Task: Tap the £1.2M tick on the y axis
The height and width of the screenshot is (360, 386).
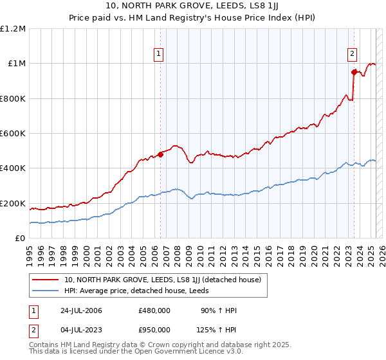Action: point(13,29)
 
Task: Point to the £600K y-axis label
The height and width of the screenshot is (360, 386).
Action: point(13,134)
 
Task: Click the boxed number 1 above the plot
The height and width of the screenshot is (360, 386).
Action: point(158,55)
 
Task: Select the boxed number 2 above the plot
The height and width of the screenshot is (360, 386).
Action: point(353,55)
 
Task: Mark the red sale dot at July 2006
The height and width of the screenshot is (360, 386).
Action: point(160,154)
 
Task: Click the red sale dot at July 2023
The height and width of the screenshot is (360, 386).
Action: point(354,72)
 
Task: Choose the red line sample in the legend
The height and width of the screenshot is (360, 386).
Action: point(46,280)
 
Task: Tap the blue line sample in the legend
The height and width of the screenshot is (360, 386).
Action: point(46,291)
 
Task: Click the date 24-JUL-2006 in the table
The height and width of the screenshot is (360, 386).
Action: point(82,310)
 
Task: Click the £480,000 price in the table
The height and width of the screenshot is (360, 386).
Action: point(154,310)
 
